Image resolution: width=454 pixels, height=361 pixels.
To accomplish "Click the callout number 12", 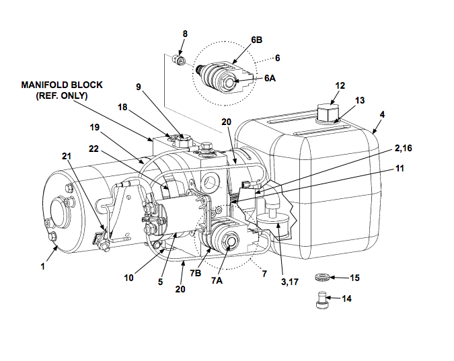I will pos(340,86).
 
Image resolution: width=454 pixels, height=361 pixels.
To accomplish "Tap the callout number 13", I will pos(360,101).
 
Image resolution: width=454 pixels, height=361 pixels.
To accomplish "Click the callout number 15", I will pos(354,277).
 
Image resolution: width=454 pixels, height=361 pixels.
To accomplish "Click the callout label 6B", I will pos(257,40).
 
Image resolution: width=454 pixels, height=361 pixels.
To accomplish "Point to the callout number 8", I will pos(185,33).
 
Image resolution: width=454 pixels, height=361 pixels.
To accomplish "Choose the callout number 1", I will pos(42,266).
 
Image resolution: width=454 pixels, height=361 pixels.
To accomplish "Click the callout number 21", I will pos(66,156).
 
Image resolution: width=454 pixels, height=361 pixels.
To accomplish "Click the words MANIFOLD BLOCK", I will pos(62,85).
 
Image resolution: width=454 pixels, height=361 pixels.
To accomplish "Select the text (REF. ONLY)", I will pos(62,95).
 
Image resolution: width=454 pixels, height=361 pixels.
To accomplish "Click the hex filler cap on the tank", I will pos(328,112).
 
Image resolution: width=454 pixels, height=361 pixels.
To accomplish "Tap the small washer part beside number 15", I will pos(322,276).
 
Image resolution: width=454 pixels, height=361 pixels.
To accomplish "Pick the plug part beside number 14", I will pos(321,300).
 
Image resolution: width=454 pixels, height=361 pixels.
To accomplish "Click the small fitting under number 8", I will pos(180,63).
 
